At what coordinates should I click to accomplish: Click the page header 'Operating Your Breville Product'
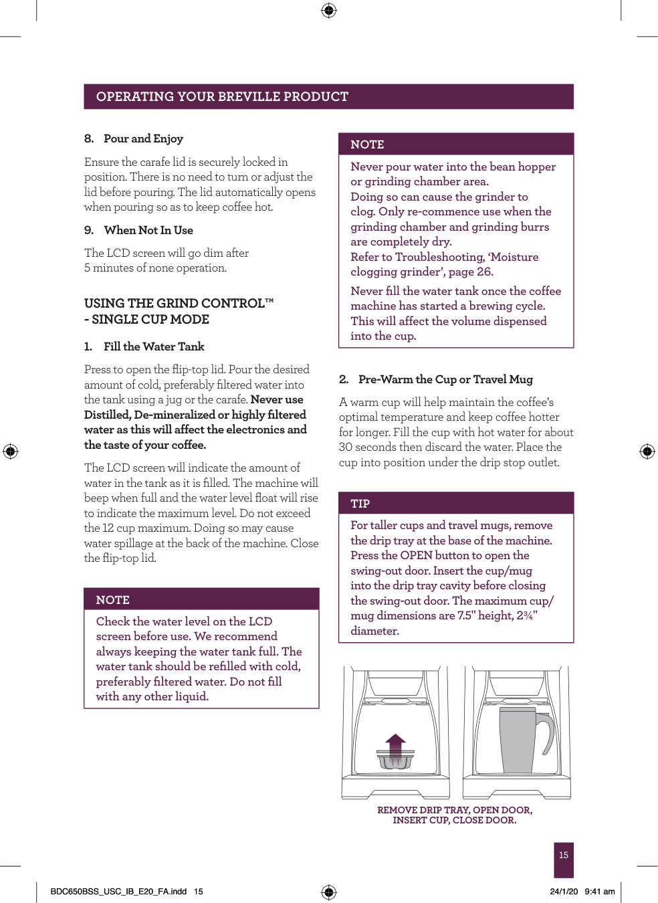point(222,96)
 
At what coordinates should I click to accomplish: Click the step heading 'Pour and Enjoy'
point(143,138)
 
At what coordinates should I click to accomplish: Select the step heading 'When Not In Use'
point(148,230)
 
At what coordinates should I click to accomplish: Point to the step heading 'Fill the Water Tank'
point(153,346)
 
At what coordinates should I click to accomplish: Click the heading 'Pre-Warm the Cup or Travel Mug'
point(445,379)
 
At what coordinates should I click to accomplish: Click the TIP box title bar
point(456,503)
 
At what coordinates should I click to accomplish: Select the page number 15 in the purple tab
point(564,856)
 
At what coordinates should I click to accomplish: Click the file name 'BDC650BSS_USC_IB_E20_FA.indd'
point(118,892)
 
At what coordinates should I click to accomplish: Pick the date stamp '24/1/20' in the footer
point(564,892)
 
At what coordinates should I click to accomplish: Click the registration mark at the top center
point(328,10)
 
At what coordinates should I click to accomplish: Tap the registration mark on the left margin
point(10,451)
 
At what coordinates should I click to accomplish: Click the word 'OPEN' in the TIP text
point(415,555)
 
